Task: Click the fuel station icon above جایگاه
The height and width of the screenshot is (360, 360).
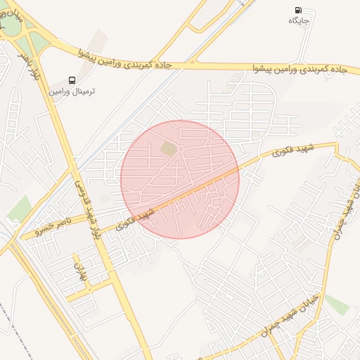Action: pyautogui.click(x=298, y=11)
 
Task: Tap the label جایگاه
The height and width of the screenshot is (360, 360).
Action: pyautogui.click(x=299, y=21)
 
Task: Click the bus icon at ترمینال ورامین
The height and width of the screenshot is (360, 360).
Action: pyautogui.click(x=72, y=80)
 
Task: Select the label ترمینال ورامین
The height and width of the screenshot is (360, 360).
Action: pyautogui.click(x=72, y=91)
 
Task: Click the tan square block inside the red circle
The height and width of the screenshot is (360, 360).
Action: pyautogui.click(x=169, y=149)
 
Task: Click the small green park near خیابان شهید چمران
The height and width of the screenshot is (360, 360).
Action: pyautogui.click(x=337, y=304)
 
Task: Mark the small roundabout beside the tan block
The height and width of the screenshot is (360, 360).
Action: pyautogui.click(x=181, y=149)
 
